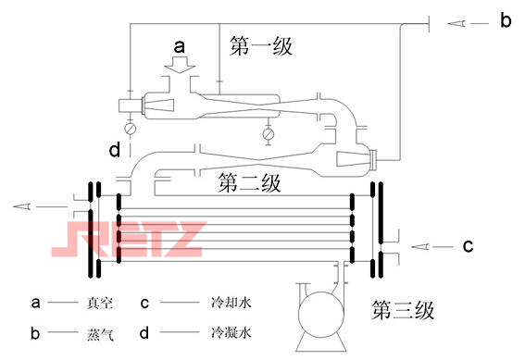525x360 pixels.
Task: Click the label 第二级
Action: (x=249, y=181)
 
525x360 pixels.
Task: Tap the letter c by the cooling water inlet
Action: (x=469, y=245)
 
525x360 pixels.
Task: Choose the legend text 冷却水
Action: (x=224, y=302)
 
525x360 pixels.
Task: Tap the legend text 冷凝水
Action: (x=224, y=331)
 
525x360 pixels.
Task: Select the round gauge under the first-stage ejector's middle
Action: (x=268, y=133)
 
